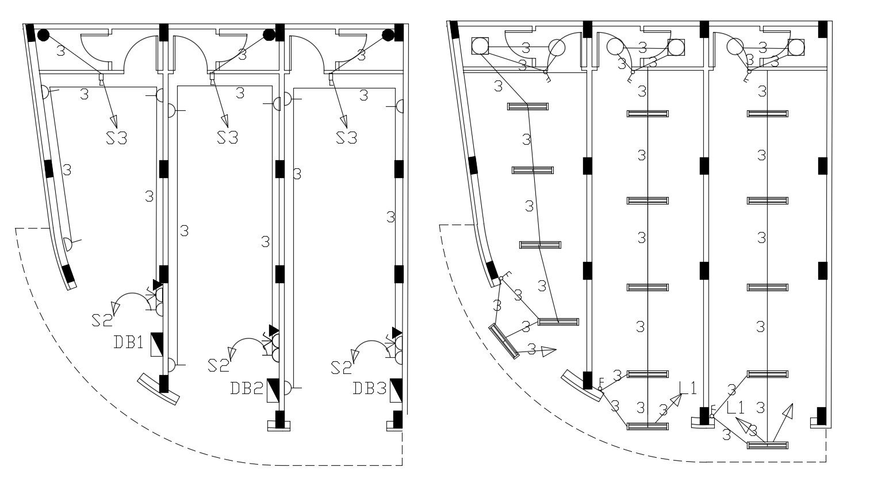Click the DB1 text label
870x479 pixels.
[x=127, y=342]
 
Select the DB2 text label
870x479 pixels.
[x=246, y=389]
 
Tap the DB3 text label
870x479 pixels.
[x=369, y=389]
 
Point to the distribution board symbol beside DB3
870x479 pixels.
[x=396, y=391]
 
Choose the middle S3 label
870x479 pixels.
[x=227, y=138]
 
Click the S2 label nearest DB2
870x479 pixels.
[x=219, y=365]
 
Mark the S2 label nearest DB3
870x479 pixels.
[x=342, y=366]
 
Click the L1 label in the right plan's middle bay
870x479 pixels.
[x=687, y=388]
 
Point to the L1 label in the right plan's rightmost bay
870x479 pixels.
[x=735, y=408]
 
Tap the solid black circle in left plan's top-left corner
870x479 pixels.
[x=43, y=35]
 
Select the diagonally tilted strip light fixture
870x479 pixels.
[x=504, y=341]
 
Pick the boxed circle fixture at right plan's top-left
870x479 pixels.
[x=480, y=46]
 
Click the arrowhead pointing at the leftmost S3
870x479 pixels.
[x=113, y=120]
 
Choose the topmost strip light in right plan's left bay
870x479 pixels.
[x=527, y=106]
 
